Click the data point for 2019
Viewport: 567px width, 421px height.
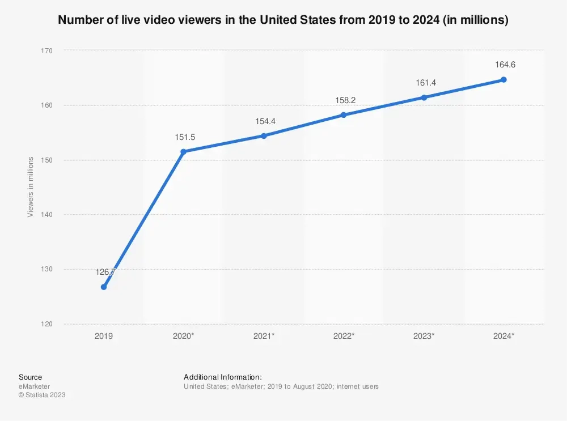coord(104,287)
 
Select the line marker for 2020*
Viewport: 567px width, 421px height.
coord(183,152)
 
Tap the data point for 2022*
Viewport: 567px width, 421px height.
coord(343,115)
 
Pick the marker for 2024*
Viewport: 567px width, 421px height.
coord(503,80)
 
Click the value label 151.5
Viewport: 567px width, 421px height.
coord(183,137)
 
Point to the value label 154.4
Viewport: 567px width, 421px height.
coord(263,121)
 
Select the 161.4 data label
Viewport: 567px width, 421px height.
coord(424,83)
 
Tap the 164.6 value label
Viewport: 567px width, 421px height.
coord(503,65)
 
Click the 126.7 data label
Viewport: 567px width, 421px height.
coord(105,273)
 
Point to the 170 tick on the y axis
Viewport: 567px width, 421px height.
coord(46,51)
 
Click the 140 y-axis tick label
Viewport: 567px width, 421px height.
coord(46,215)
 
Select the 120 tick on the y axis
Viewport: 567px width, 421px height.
coord(46,324)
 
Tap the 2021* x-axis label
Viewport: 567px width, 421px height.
coord(264,336)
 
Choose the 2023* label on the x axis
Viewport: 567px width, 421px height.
coord(424,336)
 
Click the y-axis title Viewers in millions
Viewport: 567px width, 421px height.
coord(31,187)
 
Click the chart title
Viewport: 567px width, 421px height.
coord(283,20)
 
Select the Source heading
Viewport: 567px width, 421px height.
coord(30,377)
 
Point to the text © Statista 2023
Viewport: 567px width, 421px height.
coord(42,395)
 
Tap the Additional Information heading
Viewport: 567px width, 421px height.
coord(223,377)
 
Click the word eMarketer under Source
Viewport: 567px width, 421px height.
coord(34,386)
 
